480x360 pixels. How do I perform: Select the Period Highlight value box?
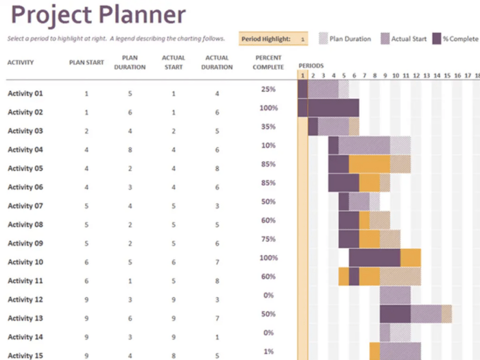click(x=302, y=39)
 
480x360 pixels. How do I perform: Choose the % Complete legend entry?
click(x=455, y=39)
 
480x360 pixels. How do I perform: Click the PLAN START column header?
click(x=86, y=62)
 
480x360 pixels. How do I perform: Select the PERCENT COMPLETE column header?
click(x=268, y=62)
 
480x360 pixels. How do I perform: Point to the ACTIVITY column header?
click(x=21, y=62)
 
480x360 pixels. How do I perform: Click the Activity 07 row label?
click(x=25, y=206)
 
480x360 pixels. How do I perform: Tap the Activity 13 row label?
click(x=25, y=318)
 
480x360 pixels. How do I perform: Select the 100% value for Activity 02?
click(x=269, y=108)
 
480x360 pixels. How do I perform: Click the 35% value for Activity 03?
click(x=269, y=127)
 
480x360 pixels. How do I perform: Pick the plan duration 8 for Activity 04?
click(x=130, y=149)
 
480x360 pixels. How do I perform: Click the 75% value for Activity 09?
click(x=269, y=239)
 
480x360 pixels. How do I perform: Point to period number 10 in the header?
click(x=395, y=75)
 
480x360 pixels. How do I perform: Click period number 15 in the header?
click(x=447, y=75)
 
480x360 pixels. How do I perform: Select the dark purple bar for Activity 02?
click(x=328, y=108)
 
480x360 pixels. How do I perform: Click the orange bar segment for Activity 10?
click(x=411, y=257)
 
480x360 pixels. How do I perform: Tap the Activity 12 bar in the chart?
click(x=395, y=295)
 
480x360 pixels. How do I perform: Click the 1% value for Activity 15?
click(x=269, y=352)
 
